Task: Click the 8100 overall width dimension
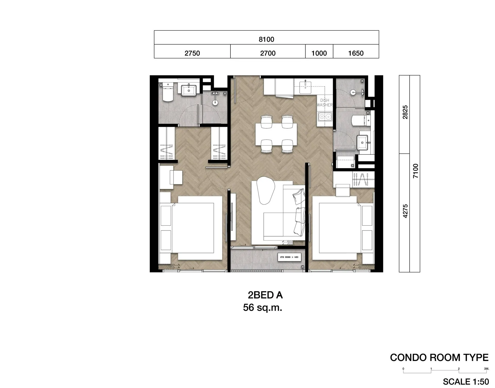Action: [266, 39]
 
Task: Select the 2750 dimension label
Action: [192, 53]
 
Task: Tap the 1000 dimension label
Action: [319, 53]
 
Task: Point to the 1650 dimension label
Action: [356, 53]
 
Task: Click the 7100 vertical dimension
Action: [415, 171]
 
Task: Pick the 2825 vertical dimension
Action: [405, 112]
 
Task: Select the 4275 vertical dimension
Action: [405, 211]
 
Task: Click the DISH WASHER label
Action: [325, 103]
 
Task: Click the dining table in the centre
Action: [276, 134]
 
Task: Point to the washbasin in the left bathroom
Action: [188, 90]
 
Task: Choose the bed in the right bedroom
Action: [338, 228]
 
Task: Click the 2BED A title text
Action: [265, 295]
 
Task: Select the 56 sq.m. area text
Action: [262, 308]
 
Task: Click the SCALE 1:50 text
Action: [466, 381]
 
